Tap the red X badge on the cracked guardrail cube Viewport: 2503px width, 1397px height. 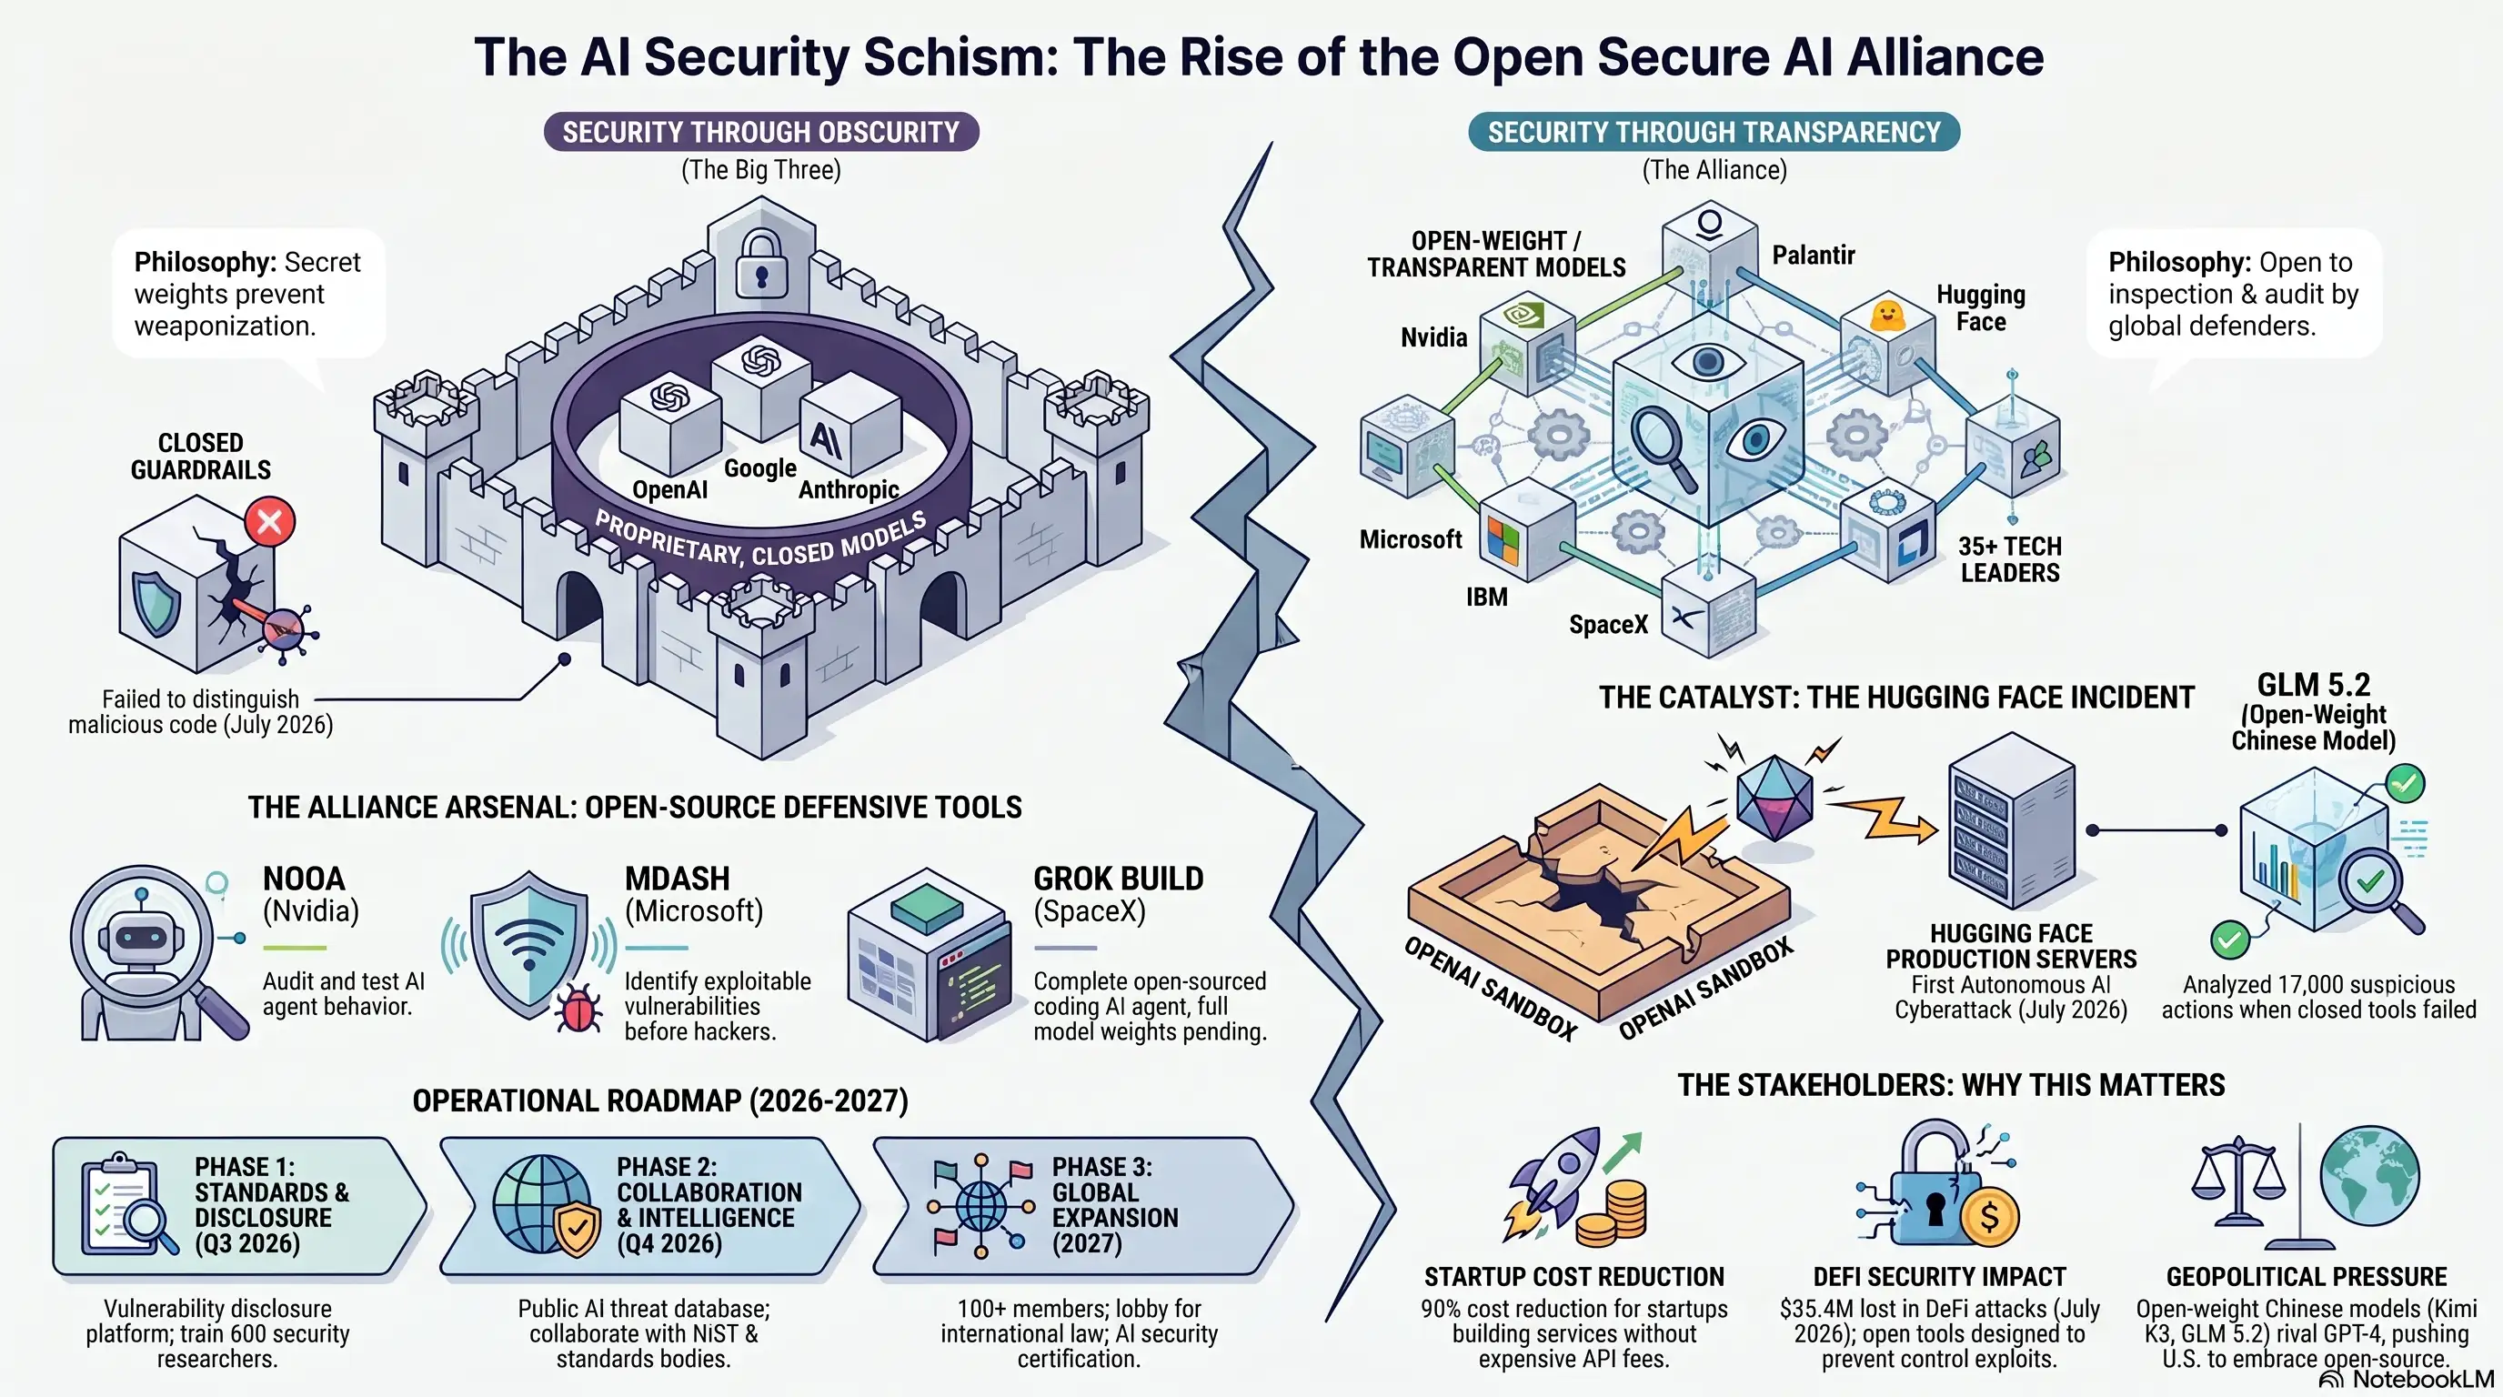pyautogui.click(x=269, y=522)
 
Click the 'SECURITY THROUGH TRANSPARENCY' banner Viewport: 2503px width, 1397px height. pyautogui.click(x=1714, y=132)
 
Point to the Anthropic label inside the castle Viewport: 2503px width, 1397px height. pyautogui.click(x=849, y=489)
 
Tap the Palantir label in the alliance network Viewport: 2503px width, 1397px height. pyautogui.click(x=1813, y=256)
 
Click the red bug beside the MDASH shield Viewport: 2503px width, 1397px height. pyautogui.click(x=578, y=1010)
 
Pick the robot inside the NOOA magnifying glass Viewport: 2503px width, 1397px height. pyautogui.click(x=143, y=939)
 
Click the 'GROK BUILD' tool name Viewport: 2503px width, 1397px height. pyautogui.click(x=1119, y=879)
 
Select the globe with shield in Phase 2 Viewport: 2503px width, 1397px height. pyautogui.click(x=546, y=1206)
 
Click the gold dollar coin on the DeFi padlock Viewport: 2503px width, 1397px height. pyautogui.click(x=1988, y=1216)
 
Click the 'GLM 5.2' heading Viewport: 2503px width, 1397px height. pyautogui.click(x=2313, y=685)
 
